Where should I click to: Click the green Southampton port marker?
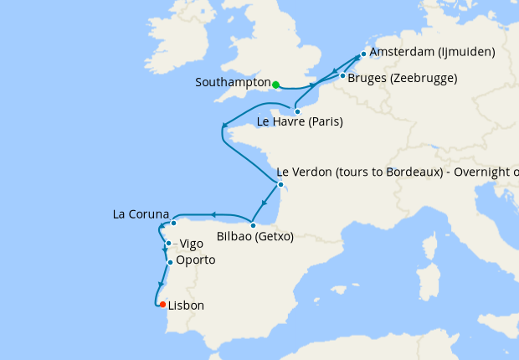275,84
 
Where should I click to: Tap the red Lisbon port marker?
162,305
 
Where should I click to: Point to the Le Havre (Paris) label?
300,122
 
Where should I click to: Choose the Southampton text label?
232,83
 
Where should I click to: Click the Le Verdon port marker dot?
280,185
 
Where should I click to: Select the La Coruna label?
141,214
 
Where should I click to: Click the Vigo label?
191,244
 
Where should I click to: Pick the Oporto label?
196,260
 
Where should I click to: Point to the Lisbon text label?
186,306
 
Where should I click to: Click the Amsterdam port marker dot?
362,54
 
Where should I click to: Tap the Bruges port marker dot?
342,77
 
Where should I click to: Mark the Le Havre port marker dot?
297,111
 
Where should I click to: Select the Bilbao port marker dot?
253,225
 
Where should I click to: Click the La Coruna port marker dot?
173,223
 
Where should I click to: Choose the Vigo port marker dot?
168,244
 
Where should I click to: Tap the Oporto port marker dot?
170,263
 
